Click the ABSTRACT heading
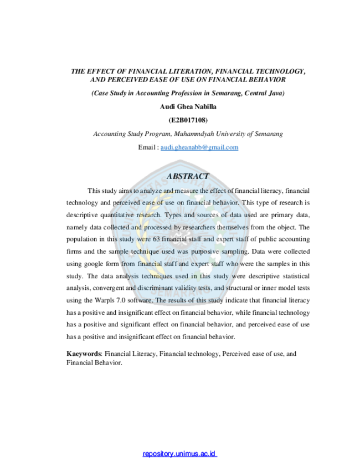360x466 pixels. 188,176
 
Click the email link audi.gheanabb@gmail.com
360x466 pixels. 199,147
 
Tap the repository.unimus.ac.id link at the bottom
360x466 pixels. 179,454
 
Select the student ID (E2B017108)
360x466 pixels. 188,120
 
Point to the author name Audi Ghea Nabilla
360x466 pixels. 188,107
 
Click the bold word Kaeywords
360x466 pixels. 84,354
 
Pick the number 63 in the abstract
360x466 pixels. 156,239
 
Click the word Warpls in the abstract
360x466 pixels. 105,300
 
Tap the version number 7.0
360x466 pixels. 121,300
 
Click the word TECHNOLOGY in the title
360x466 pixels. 280,71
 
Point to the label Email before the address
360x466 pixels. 146,147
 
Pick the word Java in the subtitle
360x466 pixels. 276,93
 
